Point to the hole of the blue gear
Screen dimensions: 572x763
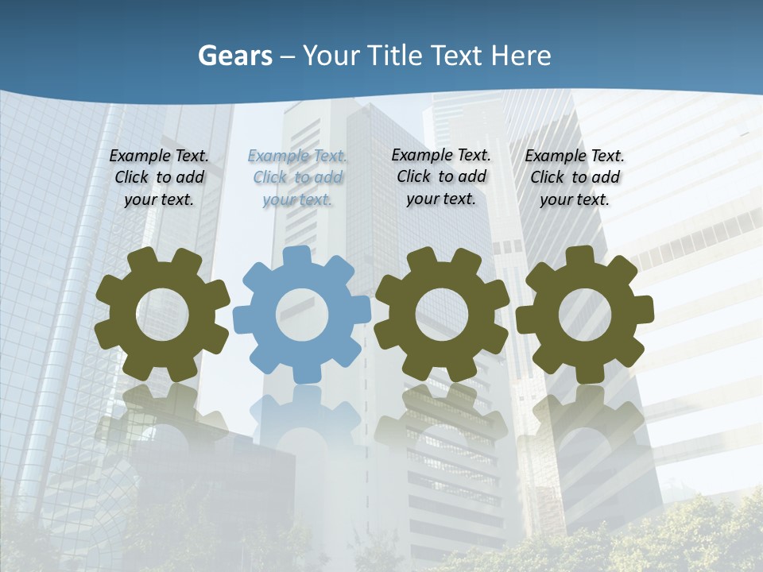(302, 315)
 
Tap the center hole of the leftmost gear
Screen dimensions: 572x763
(162, 315)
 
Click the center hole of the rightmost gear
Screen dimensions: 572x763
(584, 315)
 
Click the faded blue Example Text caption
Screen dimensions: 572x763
(298, 177)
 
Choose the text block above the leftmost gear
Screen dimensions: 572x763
(159, 177)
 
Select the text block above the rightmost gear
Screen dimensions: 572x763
(575, 177)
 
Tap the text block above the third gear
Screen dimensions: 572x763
(441, 176)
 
